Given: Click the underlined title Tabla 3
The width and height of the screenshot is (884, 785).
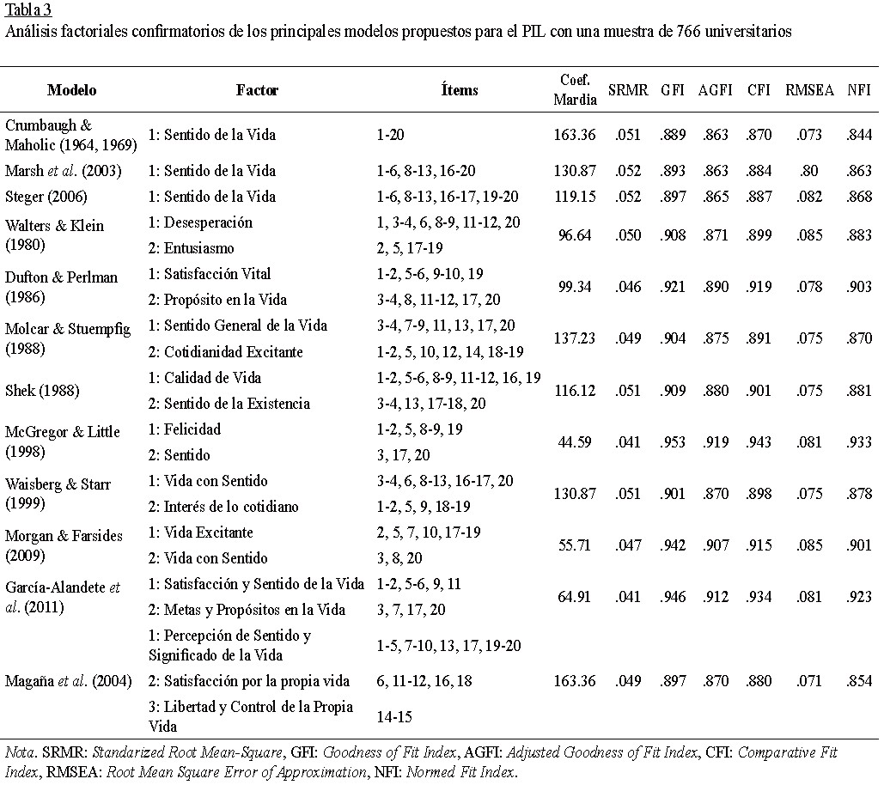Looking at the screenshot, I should click(x=27, y=10).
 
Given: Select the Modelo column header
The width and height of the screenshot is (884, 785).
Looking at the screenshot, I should click(x=71, y=89).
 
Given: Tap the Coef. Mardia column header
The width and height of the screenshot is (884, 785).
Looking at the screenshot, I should click(x=574, y=88).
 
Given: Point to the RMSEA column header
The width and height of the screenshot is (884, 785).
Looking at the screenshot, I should click(x=809, y=89).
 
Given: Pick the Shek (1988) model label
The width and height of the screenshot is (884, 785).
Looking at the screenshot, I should click(x=40, y=390).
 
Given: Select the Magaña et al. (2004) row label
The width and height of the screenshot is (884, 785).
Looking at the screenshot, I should click(x=68, y=681).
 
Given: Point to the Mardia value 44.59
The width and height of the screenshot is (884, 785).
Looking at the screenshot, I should click(x=575, y=441).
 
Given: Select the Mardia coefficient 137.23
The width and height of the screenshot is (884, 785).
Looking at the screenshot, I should click(x=575, y=338).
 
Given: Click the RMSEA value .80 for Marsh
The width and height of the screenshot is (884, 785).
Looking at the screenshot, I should click(x=808, y=170).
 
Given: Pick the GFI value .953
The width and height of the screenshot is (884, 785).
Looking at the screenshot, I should click(x=673, y=441).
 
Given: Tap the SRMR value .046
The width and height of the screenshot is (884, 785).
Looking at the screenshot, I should click(x=628, y=286).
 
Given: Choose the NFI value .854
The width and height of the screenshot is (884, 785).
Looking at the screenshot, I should click(x=857, y=681).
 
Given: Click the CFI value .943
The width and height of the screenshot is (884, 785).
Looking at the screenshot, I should click(x=759, y=441).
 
